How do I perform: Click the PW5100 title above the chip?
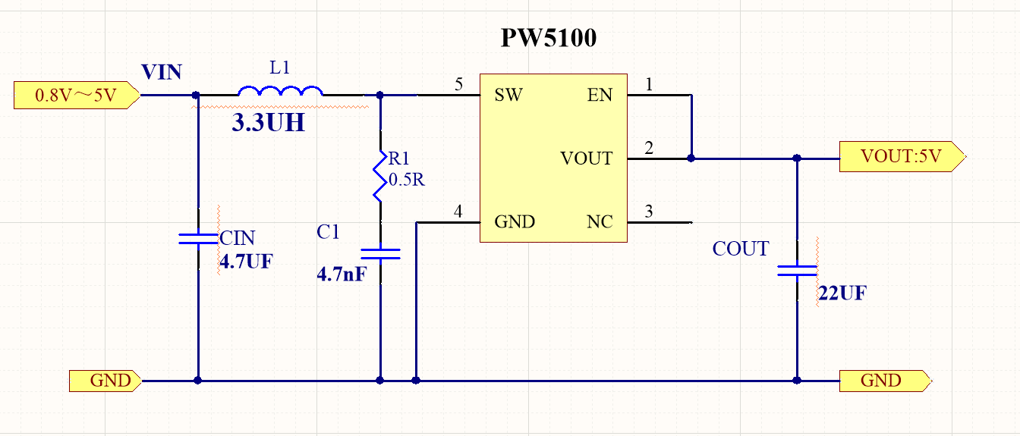tap(548, 38)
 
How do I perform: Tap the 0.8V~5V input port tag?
tap(77, 95)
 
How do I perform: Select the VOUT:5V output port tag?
tap(902, 156)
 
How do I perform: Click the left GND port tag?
tap(105, 381)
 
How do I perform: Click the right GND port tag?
tap(886, 381)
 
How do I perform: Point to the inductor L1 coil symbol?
tap(280, 90)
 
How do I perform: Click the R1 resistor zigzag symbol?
tap(379, 177)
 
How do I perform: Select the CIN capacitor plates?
tap(198, 239)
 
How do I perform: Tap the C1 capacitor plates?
tap(380, 254)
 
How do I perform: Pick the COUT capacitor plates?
tap(797, 271)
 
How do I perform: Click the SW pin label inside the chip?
tap(508, 95)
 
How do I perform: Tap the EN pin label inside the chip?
tap(600, 95)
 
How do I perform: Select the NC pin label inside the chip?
tap(600, 222)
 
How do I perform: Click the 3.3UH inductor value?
tap(268, 122)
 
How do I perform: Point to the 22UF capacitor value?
tap(842, 293)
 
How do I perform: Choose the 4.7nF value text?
tap(342, 274)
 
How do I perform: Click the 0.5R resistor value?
tap(407, 180)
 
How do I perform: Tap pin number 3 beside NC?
tap(649, 211)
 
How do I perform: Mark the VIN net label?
tap(162, 72)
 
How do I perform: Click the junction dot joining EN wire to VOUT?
tap(691, 158)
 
